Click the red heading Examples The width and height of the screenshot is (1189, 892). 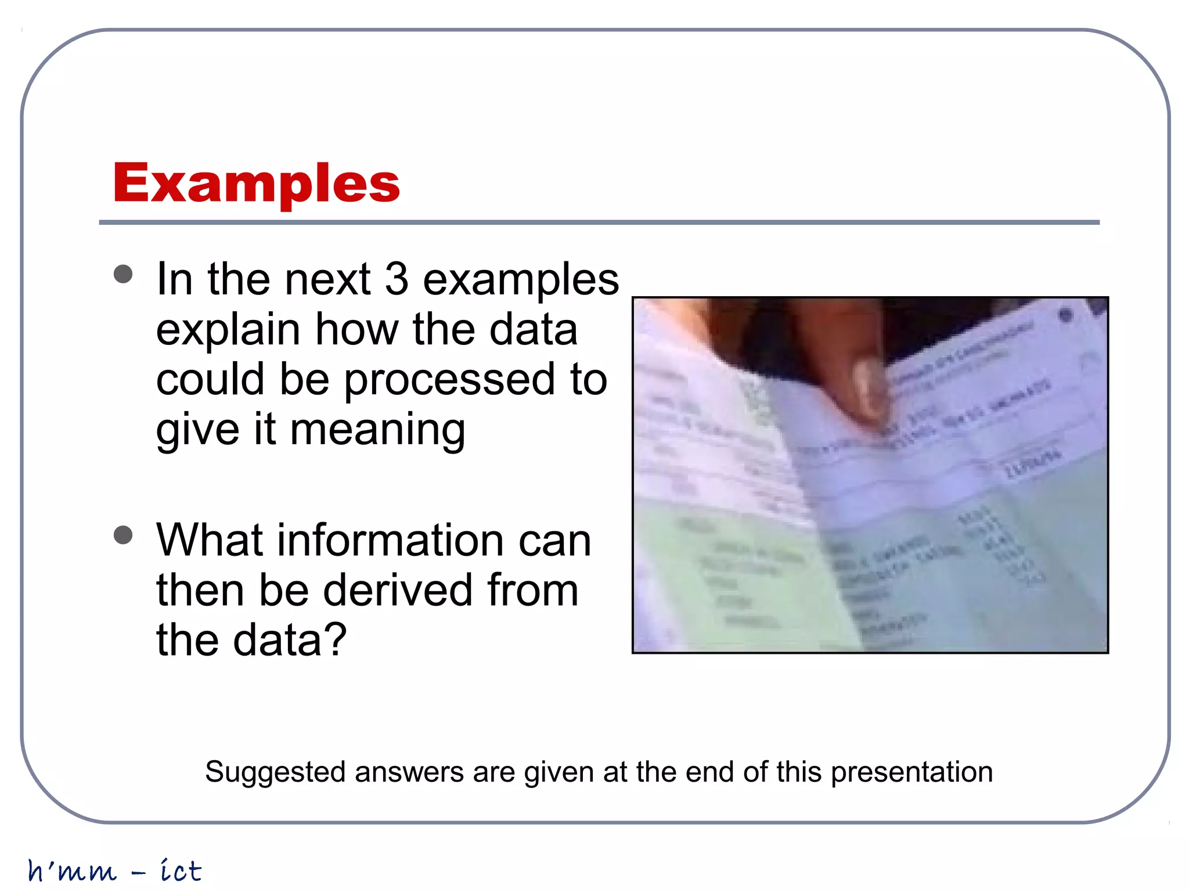pos(256,183)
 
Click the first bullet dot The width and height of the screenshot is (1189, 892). pos(123,274)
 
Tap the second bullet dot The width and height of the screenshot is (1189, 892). pos(123,535)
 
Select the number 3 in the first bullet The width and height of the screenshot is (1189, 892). pos(397,279)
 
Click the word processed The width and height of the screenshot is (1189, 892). pos(449,380)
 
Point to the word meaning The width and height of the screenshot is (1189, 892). pos(377,430)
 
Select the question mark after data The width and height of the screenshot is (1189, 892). pos(335,640)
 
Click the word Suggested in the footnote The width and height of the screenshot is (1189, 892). pos(275,773)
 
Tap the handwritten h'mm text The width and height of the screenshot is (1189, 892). pos(72,871)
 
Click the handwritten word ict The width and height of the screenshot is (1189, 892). pos(181,871)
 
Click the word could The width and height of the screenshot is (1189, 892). pos(210,380)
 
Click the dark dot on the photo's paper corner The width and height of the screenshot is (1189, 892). pos(1066,315)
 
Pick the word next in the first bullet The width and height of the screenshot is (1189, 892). pos(327,279)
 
